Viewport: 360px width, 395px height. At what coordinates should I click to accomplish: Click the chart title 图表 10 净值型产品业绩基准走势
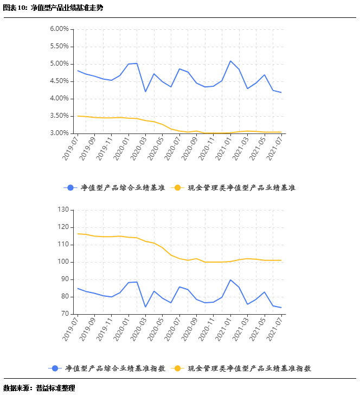53,8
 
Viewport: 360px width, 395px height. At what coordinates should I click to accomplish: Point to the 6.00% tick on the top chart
59,29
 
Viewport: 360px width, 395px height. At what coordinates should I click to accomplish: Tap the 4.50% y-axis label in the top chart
59,81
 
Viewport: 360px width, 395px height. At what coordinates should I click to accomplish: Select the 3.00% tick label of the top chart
59,133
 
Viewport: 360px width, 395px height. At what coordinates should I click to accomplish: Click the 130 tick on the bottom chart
63,210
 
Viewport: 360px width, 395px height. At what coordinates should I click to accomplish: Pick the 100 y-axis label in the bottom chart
63,262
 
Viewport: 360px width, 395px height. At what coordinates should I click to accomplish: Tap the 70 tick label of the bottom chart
65,314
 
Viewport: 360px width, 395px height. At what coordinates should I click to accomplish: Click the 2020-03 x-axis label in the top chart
139,148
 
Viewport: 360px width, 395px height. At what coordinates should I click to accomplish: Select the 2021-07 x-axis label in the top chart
275,148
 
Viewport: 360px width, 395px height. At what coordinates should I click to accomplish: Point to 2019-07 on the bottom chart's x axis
71,329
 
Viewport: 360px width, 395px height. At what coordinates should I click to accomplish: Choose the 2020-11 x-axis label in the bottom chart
207,329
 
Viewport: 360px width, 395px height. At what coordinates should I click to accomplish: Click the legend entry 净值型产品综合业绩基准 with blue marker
114,188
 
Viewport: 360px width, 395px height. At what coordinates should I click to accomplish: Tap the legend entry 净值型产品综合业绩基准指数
106,368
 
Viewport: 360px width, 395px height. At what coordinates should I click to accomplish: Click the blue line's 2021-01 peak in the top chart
230,61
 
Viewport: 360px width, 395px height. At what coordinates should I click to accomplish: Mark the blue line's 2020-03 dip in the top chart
145,91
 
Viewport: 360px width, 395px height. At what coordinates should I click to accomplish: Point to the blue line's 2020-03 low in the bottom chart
145,307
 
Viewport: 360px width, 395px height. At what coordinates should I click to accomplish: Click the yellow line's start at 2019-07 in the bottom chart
78,234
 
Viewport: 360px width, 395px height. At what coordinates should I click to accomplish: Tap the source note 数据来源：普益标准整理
39,388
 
